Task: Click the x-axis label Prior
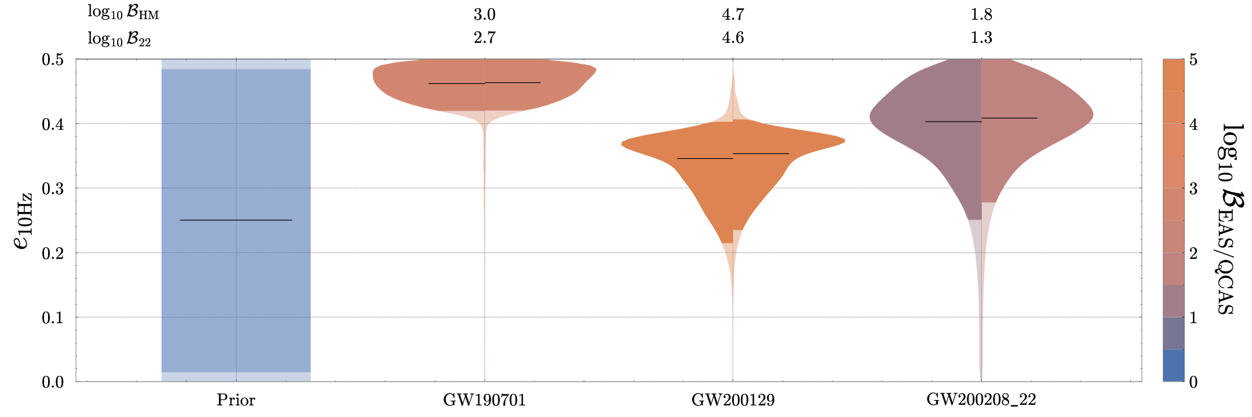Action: pos(236,400)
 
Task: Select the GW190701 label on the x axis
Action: pos(484,400)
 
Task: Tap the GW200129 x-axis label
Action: pos(733,400)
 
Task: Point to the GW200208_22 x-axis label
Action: pos(981,400)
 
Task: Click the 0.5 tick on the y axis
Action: pos(53,60)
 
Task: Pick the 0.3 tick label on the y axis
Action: pos(53,188)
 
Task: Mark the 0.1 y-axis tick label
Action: pos(53,317)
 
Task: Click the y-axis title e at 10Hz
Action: pos(23,221)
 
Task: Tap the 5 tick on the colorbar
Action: pos(1193,60)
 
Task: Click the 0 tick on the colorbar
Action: pos(1193,382)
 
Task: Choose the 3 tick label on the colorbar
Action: pos(1193,188)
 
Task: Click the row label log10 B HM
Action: pos(123,13)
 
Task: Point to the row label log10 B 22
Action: pos(119,38)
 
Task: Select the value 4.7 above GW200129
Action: pos(733,14)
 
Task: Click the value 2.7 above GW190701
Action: pos(484,38)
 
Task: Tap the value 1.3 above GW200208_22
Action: pos(981,38)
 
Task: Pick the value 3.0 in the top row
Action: pos(484,14)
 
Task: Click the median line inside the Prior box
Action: pos(236,220)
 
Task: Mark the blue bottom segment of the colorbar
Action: pos(1173,365)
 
